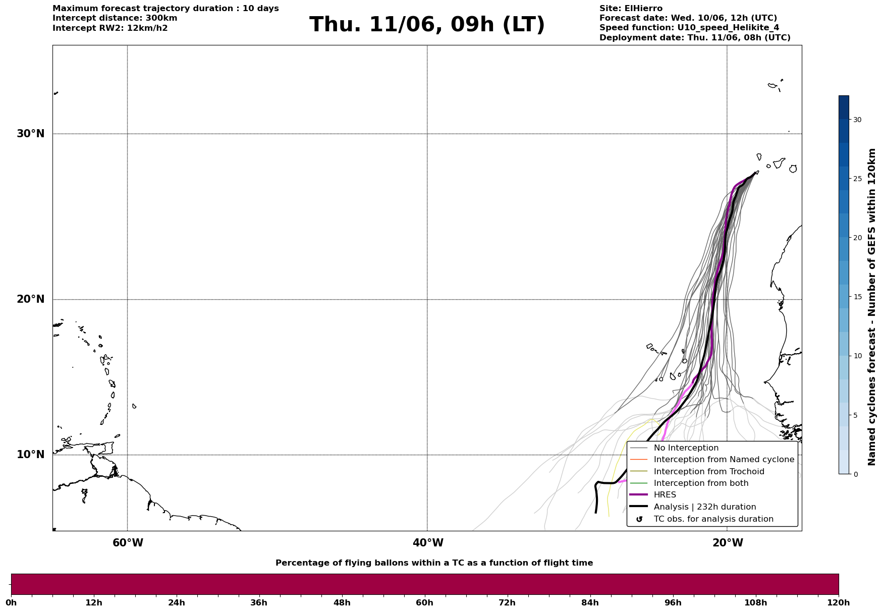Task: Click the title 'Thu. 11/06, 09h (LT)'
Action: [x=427, y=25]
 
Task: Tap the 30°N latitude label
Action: [x=31, y=134]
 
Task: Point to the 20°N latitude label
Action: [x=31, y=299]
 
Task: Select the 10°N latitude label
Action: [x=31, y=455]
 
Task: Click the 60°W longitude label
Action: [x=128, y=543]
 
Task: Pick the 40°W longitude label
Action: [x=428, y=543]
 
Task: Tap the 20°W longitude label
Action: [x=728, y=543]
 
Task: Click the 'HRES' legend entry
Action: [x=665, y=495]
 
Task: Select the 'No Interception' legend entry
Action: [x=686, y=448]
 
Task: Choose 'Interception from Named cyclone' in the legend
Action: [x=724, y=460]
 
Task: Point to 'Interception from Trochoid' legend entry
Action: [x=709, y=472]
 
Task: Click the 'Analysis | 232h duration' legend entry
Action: [x=705, y=507]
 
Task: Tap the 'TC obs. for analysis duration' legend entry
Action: [x=713, y=519]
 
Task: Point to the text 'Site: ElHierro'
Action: [x=631, y=9]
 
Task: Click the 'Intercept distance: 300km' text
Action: [x=115, y=18]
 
